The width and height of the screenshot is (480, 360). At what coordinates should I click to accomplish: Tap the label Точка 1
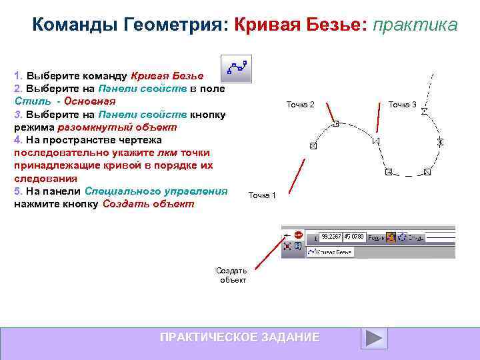tap(262, 195)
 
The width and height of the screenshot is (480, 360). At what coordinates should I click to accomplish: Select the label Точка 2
tap(300, 104)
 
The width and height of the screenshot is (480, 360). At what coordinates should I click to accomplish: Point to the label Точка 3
tap(402, 104)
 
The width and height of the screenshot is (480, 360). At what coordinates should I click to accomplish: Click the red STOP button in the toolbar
tap(298, 235)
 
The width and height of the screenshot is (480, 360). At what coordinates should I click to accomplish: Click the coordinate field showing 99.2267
tap(330, 236)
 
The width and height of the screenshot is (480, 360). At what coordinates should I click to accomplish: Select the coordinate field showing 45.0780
tap(353, 236)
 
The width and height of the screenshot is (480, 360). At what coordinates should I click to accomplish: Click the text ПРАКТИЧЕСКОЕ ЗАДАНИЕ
tap(239, 337)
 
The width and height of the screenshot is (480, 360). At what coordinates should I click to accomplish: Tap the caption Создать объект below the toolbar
tap(232, 275)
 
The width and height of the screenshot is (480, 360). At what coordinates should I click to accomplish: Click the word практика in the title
tap(415, 25)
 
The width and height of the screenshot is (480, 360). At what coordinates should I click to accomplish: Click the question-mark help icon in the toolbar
tap(297, 247)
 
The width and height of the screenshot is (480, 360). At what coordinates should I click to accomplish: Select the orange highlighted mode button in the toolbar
tap(391, 236)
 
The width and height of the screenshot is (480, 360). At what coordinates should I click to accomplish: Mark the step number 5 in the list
tap(17, 191)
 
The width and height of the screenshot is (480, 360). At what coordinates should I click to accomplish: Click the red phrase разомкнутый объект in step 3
tap(117, 127)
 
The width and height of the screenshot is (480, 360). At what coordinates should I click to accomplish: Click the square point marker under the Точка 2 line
tap(336, 123)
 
